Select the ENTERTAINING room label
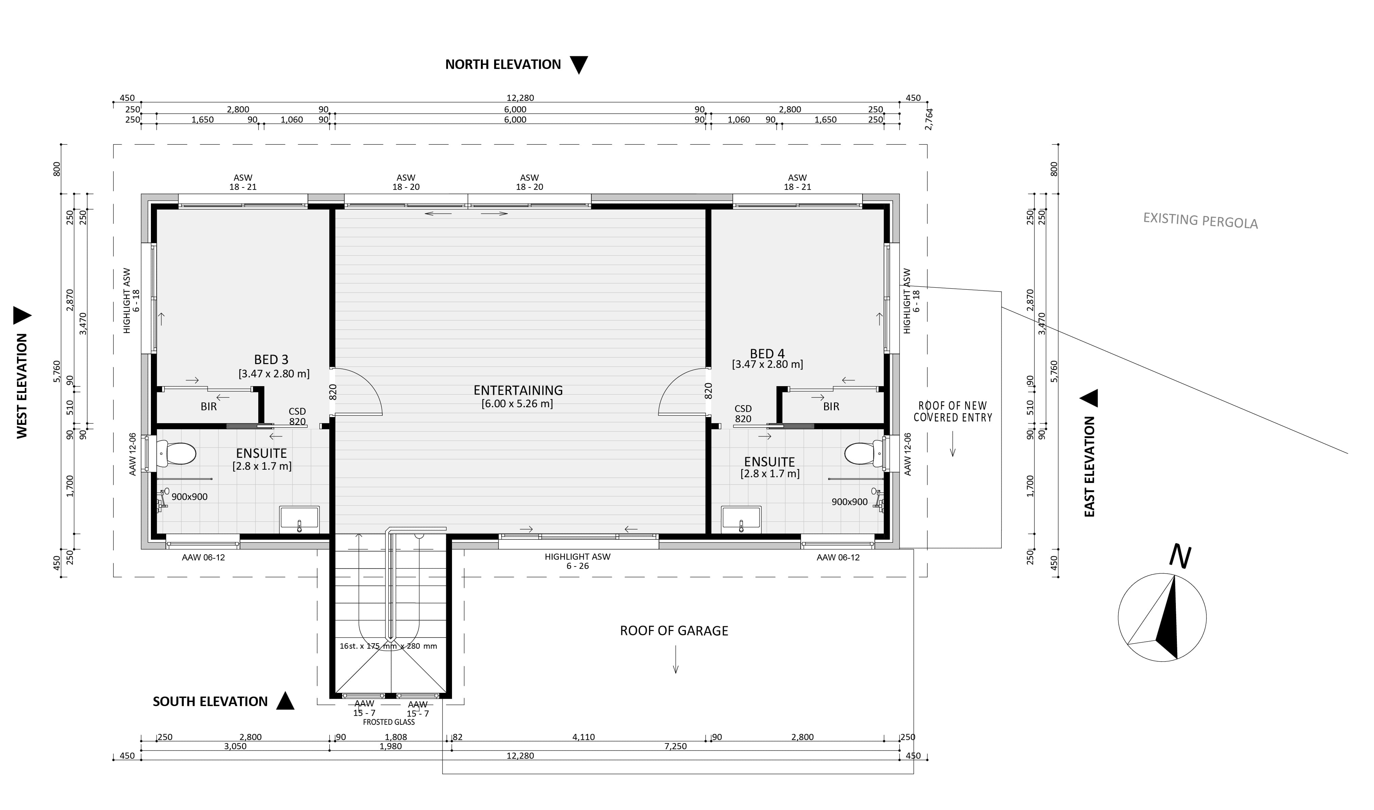pos(518,390)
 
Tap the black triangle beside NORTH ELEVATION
pos(579,65)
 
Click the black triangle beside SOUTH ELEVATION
pos(285,701)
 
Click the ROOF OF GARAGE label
pos(674,631)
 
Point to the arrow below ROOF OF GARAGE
pos(676,659)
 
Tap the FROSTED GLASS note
pos(389,722)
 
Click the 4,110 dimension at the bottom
pos(583,737)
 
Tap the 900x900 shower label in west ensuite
pos(190,497)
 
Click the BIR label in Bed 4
pos(831,407)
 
